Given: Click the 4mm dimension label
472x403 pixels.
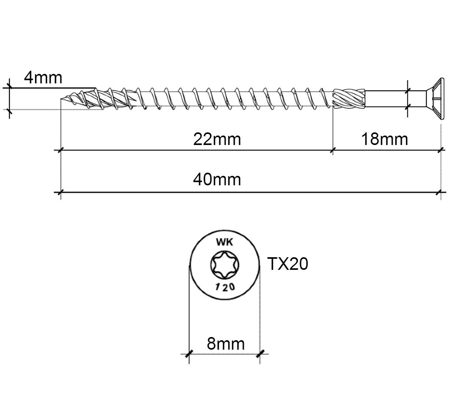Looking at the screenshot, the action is coord(43,78).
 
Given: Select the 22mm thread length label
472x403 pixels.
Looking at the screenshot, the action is coord(217,139).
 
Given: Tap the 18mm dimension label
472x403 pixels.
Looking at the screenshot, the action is coord(384,139).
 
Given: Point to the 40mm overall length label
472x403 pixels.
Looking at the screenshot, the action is coord(217,180).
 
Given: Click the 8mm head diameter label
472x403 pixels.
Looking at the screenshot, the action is coord(226,344).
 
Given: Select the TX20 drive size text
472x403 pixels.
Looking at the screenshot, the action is coord(288,264).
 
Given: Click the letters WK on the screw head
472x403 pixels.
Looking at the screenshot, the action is coord(225,242).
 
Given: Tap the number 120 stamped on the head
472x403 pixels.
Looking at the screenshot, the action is coord(225,287).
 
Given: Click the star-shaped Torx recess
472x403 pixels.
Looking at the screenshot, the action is coord(225,265).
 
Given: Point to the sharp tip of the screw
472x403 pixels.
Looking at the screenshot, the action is coord(61,99).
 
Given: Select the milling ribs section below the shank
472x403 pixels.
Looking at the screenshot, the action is coord(349,98).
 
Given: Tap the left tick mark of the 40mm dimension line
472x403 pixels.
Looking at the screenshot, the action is coord(61,192).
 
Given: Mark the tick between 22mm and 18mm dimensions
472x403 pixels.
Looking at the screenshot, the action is coord(333,150).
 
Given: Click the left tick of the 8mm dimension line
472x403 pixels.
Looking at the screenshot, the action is coord(189,354).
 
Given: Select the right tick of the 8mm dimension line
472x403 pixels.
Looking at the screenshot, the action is coord(260,354).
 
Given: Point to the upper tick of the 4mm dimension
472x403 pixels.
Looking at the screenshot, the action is coord(9,87).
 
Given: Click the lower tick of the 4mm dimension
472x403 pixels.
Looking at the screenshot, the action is coord(9,111).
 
